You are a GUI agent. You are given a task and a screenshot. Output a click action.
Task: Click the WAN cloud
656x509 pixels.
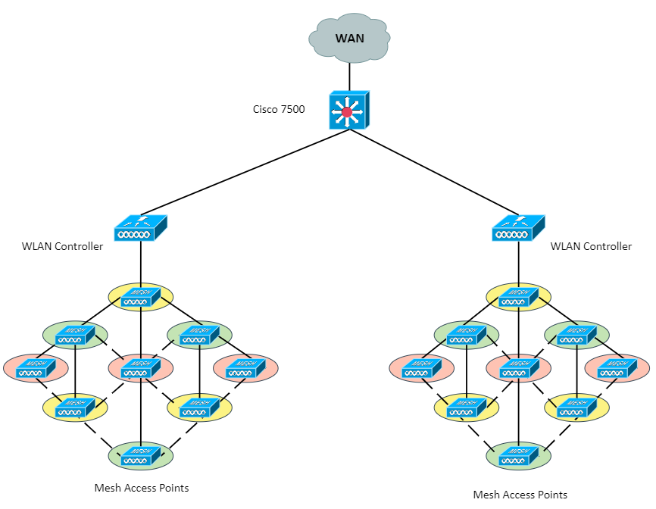pyautogui.click(x=349, y=38)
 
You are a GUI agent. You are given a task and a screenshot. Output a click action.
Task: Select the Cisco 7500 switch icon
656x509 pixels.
pyautogui.click(x=349, y=110)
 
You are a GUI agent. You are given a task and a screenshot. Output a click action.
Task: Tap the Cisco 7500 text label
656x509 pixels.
pyautogui.click(x=279, y=109)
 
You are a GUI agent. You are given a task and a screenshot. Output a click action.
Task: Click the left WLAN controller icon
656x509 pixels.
pyautogui.click(x=141, y=228)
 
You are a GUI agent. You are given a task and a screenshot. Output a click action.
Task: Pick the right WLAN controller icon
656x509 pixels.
pyautogui.click(x=518, y=228)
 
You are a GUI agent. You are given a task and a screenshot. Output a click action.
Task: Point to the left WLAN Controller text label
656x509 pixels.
pyautogui.click(x=62, y=246)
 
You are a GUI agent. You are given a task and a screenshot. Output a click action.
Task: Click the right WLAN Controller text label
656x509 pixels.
pyautogui.click(x=591, y=246)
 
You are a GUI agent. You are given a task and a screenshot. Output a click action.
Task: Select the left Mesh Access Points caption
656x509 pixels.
pyautogui.click(x=142, y=488)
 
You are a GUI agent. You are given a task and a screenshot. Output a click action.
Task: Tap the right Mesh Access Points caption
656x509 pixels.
pyautogui.click(x=520, y=495)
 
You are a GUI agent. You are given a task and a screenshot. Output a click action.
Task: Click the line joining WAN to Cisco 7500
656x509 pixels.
pyautogui.click(x=349, y=77)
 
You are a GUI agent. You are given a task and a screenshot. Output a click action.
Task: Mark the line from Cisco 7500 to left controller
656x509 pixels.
pyautogui.click(x=245, y=172)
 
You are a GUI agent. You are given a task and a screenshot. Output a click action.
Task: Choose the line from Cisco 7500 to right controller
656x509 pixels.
pyautogui.click(x=434, y=172)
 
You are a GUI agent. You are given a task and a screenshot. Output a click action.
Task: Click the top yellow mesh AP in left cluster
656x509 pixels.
pyautogui.click(x=141, y=297)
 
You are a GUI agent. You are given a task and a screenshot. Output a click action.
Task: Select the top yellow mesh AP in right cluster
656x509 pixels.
pyautogui.click(x=518, y=297)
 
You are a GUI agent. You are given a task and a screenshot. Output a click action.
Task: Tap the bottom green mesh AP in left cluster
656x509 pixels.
pyautogui.click(x=141, y=456)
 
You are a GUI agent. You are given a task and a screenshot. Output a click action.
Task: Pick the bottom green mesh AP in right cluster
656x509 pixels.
pyautogui.click(x=518, y=456)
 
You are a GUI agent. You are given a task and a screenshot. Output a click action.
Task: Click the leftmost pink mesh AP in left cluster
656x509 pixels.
pyautogui.click(x=36, y=368)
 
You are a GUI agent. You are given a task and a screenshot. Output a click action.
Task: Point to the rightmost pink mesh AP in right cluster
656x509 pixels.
pyautogui.click(x=617, y=368)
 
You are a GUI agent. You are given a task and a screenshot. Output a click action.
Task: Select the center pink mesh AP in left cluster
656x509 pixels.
pyautogui.click(x=141, y=368)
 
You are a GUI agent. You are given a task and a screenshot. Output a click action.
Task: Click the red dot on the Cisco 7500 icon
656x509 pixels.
pyautogui.click(x=347, y=112)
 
